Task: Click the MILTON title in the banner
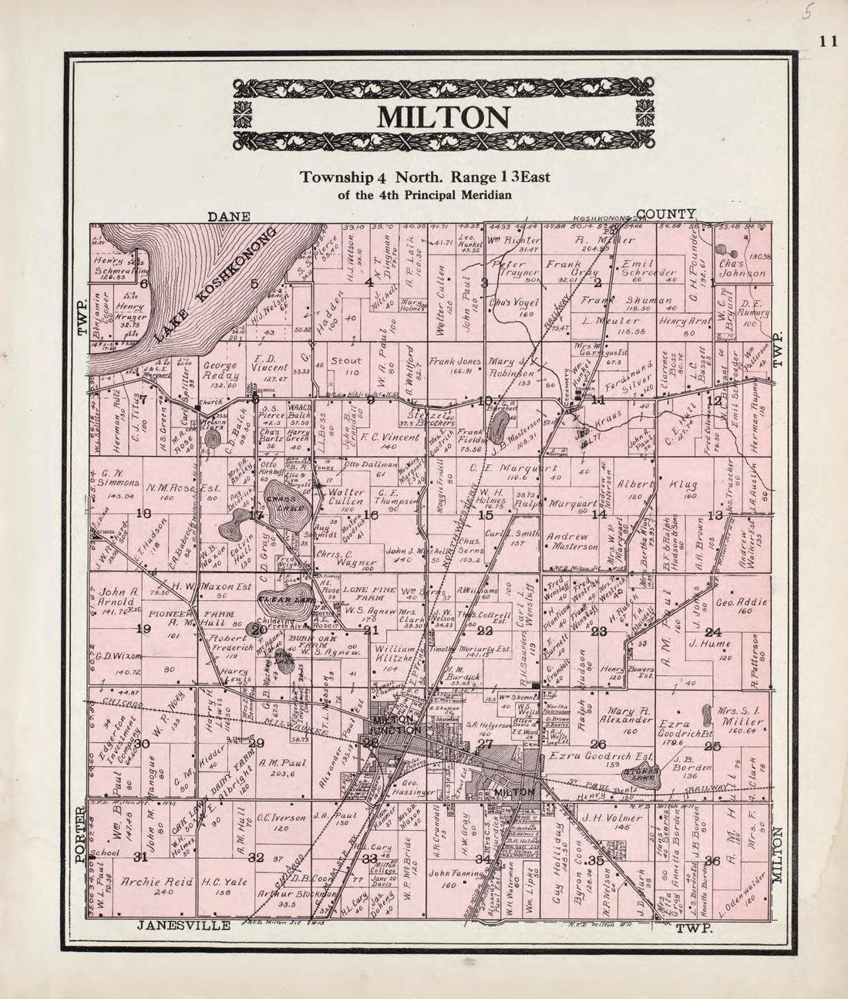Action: tap(443, 117)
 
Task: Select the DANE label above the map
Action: tap(229, 217)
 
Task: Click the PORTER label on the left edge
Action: tap(79, 829)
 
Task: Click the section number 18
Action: tap(143, 513)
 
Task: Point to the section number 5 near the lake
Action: tap(254, 283)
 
